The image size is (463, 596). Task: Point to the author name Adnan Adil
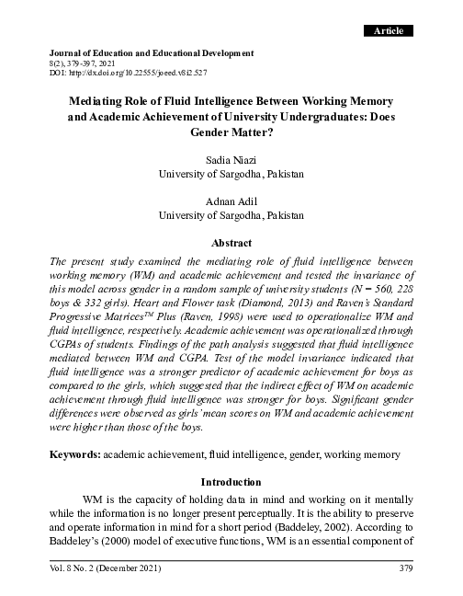tap(231, 201)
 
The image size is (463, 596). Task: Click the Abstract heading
tap(231, 244)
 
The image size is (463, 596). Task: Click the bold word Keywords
tap(76, 453)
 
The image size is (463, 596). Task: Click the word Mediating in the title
tap(98, 100)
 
